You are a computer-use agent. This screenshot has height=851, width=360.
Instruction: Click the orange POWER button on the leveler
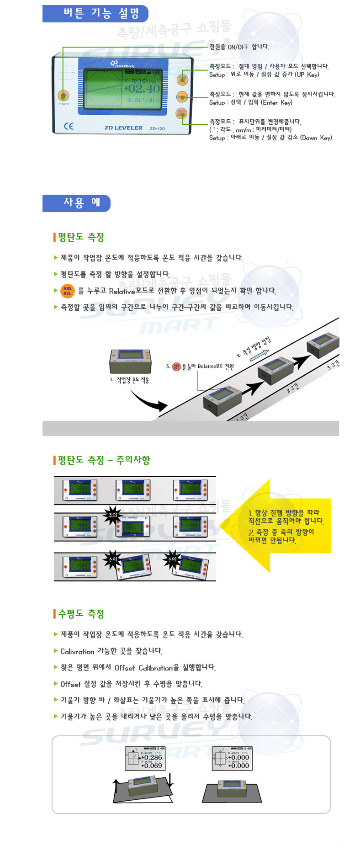64,96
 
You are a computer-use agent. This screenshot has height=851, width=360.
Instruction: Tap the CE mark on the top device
69,126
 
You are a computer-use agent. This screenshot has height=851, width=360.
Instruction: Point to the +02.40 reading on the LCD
142,89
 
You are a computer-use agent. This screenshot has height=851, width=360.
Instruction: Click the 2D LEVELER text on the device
123,128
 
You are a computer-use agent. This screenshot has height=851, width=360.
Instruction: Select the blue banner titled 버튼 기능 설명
95,14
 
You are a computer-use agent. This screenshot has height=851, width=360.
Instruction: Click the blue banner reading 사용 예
77,203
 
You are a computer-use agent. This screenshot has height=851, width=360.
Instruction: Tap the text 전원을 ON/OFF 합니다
239,47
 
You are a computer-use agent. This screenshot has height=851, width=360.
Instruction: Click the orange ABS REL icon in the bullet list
68,291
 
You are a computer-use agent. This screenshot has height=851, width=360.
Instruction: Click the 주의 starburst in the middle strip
112,515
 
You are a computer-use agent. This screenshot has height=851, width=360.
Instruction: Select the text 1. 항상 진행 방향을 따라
284,513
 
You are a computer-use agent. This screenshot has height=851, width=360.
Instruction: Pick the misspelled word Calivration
77,651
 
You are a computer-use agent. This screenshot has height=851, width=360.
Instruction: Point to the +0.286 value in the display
152,757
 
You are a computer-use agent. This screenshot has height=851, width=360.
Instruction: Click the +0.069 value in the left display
152,766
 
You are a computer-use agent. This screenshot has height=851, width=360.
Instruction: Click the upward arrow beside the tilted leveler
116,786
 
